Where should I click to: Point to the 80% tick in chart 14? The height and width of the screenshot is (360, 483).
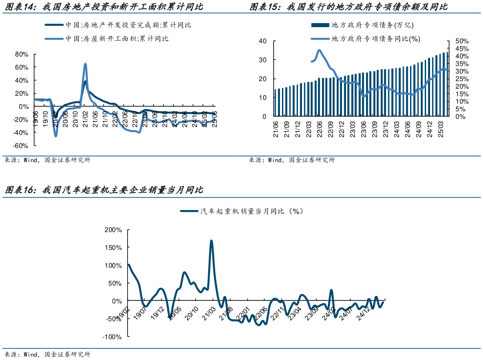pos(22,54)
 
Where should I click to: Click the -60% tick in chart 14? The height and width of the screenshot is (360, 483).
pos(21,146)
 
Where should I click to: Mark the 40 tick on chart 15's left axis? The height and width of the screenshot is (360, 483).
pos(262,41)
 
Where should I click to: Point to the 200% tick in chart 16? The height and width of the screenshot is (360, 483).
pos(113,230)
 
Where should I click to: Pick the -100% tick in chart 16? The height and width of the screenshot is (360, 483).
pos(112,337)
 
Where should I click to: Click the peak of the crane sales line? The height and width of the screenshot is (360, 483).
pos(211,241)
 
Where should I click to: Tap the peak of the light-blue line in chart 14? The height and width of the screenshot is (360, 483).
pos(85,64)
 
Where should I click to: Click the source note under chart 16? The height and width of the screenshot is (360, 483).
pos(47,355)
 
